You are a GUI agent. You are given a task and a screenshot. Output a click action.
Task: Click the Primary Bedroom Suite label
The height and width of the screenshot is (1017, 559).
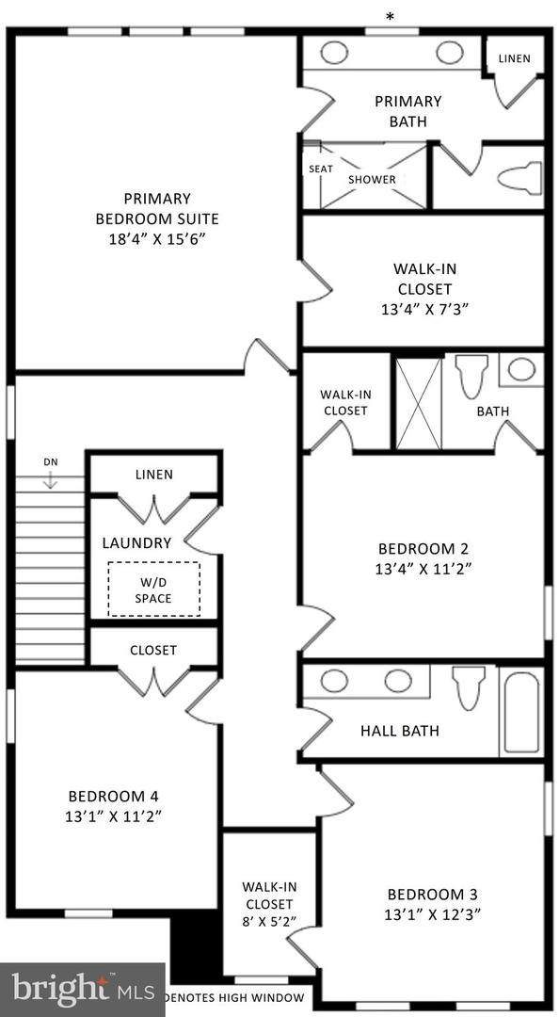click(156, 208)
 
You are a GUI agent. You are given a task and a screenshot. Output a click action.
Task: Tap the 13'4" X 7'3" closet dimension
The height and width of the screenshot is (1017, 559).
click(423, 308)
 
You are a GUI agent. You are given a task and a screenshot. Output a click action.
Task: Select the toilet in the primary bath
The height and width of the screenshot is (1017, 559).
click(519, 178)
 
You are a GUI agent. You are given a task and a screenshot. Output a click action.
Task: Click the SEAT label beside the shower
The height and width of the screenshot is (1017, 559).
click(320, 169)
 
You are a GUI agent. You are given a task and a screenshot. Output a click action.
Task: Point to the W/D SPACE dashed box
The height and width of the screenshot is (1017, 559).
click(153, 589)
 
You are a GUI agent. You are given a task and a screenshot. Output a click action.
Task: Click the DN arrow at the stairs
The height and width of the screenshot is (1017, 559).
click(50, 479)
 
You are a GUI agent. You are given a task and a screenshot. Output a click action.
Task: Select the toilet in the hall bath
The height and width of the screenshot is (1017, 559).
click(468, 687)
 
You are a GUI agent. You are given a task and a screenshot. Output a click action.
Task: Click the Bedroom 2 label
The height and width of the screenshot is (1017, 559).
click(423, 548)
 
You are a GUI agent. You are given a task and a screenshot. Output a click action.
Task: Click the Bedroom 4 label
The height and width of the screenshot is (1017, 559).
click(106, 796)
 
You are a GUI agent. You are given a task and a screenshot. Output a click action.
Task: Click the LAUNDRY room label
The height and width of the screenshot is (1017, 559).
click(136, 543)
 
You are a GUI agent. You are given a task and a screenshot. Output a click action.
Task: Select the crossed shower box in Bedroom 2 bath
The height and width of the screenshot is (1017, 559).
click(418, 403)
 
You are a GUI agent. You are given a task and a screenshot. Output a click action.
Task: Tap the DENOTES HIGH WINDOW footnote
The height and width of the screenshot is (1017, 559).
click(234, 997)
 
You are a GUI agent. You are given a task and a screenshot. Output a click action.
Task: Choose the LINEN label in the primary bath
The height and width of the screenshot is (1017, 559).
click(514, 58)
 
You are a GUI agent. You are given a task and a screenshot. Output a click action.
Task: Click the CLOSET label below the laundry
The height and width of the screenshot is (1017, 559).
click(153, 650)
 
